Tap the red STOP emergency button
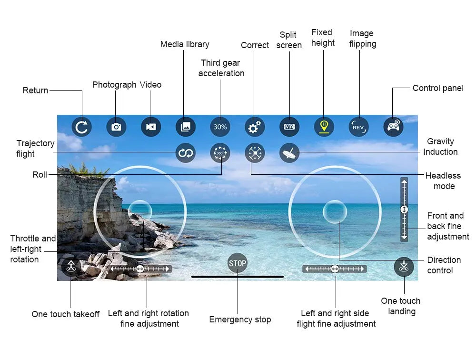[x=238, y=263]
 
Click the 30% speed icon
[x=220, y=127]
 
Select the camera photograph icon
[x=116, y=127]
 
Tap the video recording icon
[x=151, y=127]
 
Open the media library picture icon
[x=186, y=127]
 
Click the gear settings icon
[x=255, y=127]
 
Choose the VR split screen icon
[x=289, y=127]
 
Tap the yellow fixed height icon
[x=324, y=127]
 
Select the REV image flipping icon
[x=358, y=127]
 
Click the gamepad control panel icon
[x=393, y=127]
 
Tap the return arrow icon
[x=82, y=127]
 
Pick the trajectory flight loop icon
[x=186, y=153]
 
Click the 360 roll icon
[x=220, y=153]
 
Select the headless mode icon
[x=255, y=153]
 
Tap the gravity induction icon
[x=289, y=153]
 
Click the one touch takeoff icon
[x=70, y=267]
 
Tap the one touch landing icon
[x=404, y=267]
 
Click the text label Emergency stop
[x=240, y=320]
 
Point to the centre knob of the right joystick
[x=335, y=212]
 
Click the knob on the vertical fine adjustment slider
[x=404, y=210]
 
